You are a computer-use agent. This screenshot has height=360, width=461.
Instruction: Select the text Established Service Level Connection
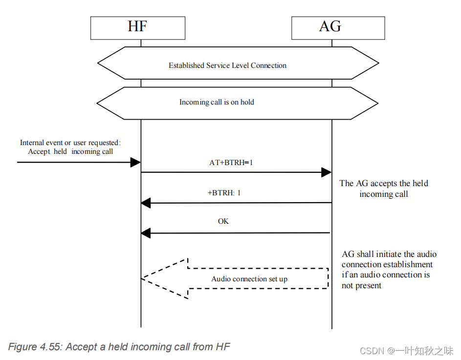click(x=227, y=65)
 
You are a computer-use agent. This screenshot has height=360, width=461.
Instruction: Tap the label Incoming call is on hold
click(x=217, y=103)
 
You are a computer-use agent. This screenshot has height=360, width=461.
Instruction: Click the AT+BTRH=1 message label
click(x=231, y=163)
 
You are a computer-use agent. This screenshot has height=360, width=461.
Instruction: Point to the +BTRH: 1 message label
click(x=224, y=193)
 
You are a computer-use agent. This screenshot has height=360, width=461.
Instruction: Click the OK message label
click(x=223, y=221)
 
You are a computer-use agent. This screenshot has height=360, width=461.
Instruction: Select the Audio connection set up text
click(x=249, y=279)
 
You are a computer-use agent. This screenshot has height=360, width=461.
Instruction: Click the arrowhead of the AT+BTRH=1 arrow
click(x=326, y=172)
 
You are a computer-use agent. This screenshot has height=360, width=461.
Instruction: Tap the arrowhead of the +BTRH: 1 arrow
click(x=146, y=203)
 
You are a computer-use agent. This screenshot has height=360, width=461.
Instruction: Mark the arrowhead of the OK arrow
click(x=146, y=233)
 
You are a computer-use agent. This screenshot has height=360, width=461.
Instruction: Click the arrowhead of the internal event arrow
click(x=135, y=162)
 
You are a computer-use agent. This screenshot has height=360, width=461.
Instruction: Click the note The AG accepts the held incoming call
click(x=384, y=189)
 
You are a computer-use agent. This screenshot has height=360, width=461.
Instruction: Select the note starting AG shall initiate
click(x=389, y=270)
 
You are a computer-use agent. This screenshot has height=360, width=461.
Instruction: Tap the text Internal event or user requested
click(x=69, y=143)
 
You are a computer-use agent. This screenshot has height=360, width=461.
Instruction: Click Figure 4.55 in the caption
click(x=34, y=347)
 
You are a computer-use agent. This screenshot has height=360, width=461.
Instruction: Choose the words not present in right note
click(x=361, y=286)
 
